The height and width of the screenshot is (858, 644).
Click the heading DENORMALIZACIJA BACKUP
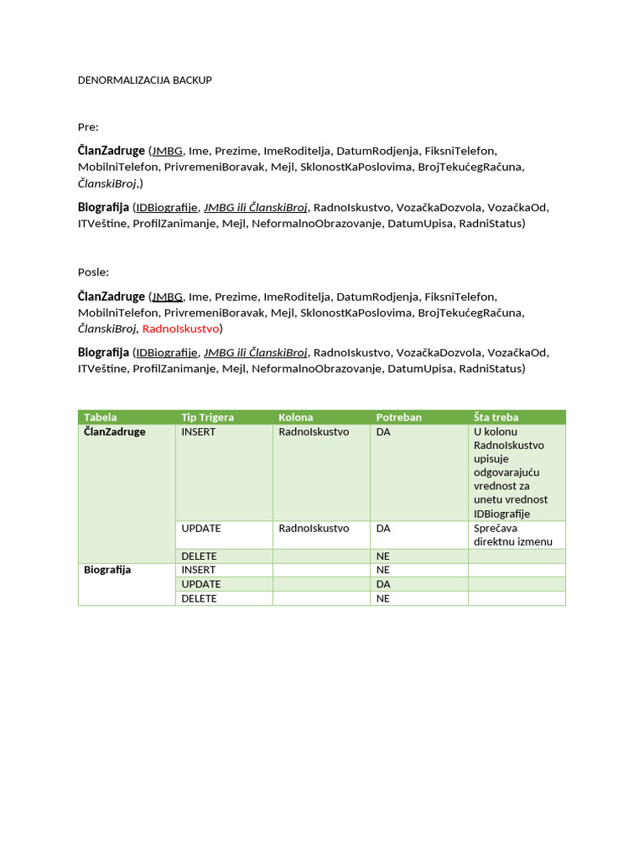144,80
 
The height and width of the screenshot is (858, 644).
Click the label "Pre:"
88,127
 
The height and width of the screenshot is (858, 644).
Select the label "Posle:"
93,272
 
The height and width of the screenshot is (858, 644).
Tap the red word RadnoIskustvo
180,328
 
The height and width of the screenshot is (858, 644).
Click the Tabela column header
101,417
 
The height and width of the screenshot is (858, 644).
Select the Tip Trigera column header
207,417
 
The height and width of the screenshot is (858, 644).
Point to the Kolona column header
295,417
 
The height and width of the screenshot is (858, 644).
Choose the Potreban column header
398,417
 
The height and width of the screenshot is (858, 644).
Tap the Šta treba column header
496,417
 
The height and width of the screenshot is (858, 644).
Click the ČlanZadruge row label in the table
115,432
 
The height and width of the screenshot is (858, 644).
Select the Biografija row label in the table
107,570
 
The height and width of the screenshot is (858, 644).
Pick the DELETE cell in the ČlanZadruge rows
199,556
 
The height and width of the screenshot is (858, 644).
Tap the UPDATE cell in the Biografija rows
200,584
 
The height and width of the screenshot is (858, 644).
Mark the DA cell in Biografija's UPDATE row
383,584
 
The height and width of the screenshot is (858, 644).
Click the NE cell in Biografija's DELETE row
383,598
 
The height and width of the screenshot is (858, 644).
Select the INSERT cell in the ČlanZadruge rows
198,432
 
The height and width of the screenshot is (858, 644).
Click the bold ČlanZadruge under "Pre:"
112,151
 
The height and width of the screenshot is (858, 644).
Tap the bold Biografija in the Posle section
103,353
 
